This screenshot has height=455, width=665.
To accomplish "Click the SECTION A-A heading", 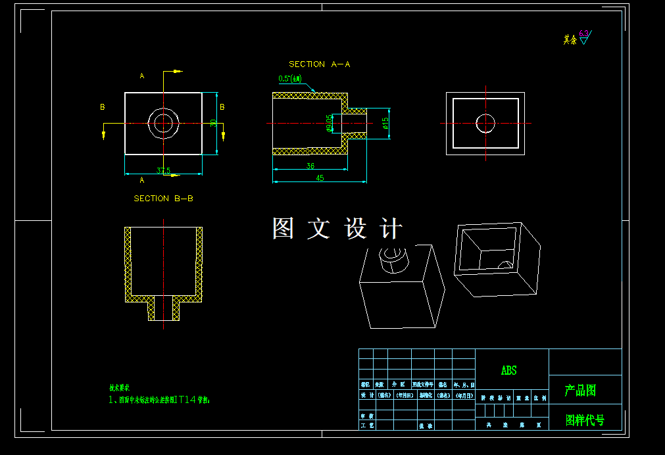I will [x=319, y=64].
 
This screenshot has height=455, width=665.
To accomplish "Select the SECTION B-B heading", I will [x=163, y=198].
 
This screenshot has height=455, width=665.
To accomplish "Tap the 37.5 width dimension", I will [x=164, y=171].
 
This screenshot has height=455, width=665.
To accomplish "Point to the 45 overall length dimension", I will [x=320, y=178].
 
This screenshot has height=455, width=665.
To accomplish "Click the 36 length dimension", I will [x=310, y=166].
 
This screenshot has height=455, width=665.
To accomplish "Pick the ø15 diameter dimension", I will [x=385, y=123].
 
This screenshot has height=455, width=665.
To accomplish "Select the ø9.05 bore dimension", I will [x=328, y=123].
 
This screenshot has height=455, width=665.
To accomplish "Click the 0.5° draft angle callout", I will [x=289, y=79].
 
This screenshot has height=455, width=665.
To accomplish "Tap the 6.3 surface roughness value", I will [x=583, y=33].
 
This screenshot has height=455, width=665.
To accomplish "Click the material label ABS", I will [x=509, y=371].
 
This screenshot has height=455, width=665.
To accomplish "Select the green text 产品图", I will [x=580, y=391].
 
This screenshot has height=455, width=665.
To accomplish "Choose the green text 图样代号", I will [x=585, y=419].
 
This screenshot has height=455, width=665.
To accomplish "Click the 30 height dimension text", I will [x=213, y=123].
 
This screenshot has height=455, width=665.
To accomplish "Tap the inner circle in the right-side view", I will [x=485, y=123].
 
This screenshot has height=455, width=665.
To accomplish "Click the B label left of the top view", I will [x=103, y=107].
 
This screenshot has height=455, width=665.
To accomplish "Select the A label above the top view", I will [x=142, y=76].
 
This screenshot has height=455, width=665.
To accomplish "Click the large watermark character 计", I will [x=391, y=228].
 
